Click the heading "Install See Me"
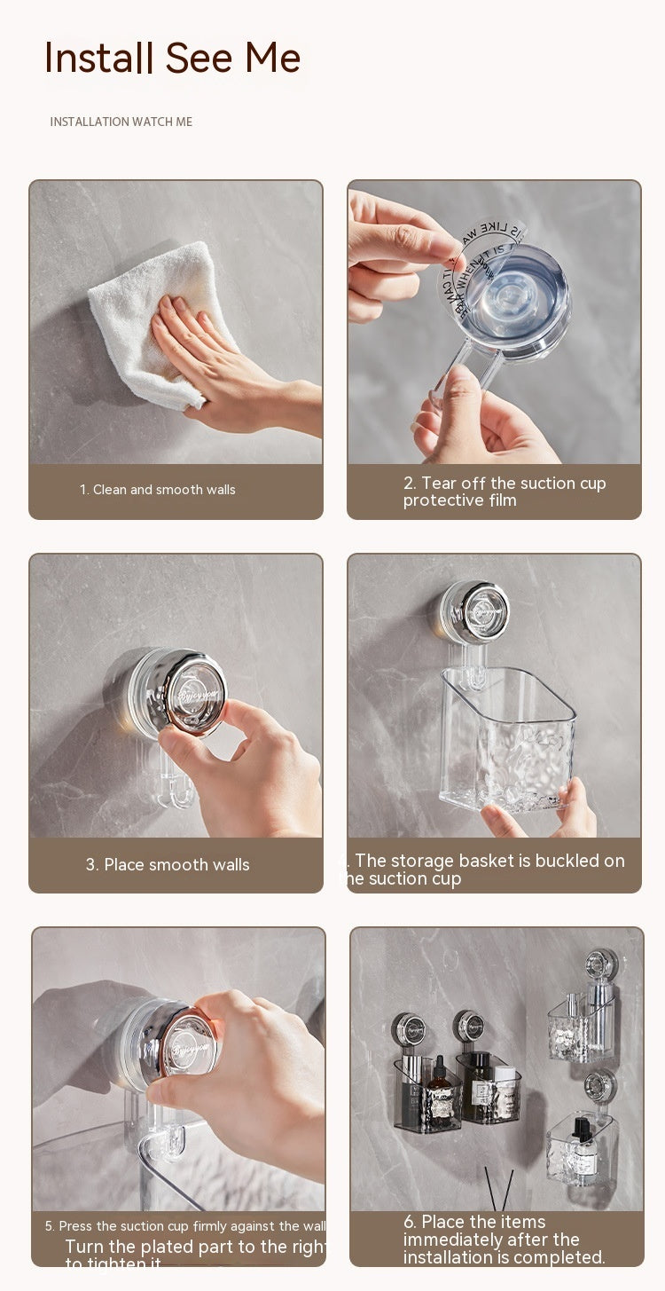point(172,58)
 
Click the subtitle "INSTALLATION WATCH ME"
point(121,122)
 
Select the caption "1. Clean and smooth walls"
point(158,490)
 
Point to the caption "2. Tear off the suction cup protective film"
point(504,492)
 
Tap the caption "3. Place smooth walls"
point(168,864)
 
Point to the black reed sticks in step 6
point(498,1189)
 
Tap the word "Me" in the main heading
point(272,58)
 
